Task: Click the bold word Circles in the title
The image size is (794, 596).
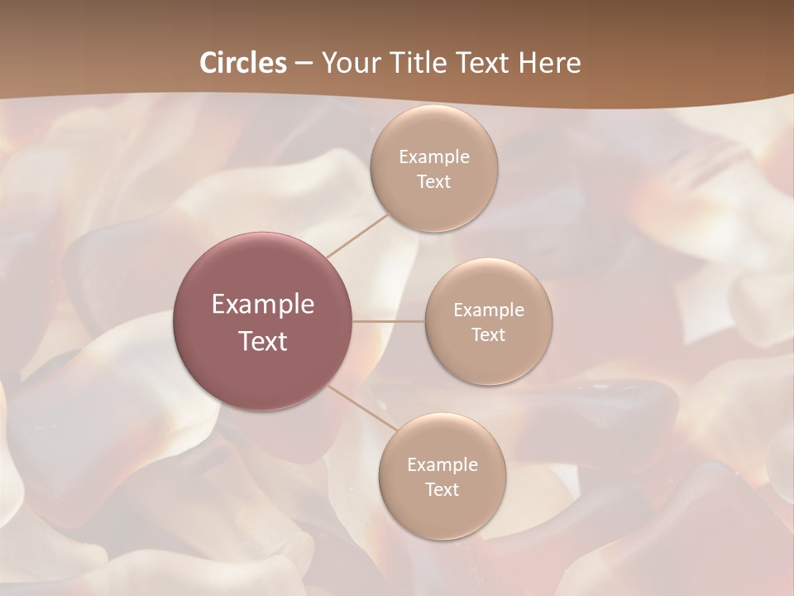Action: (x=243, y=63)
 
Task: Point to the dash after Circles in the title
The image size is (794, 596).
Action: (x=304, y=64)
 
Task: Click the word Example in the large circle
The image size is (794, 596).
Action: (x=263, y=305)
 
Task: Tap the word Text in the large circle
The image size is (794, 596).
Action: (x=263, y=341)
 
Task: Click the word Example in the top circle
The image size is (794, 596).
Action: (x=434, y=157)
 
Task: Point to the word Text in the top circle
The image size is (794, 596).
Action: (x=433, y=182)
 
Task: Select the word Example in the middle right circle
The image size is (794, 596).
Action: (x=489, y=310)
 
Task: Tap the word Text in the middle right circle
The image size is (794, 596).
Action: (x=489, y=335)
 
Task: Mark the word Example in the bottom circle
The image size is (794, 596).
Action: (x=442, y=465)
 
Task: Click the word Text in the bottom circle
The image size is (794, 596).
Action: (x=442, y=490)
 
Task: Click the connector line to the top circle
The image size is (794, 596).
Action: (x=357, y=235)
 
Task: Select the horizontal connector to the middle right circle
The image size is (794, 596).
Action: (x=389, y=321)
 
